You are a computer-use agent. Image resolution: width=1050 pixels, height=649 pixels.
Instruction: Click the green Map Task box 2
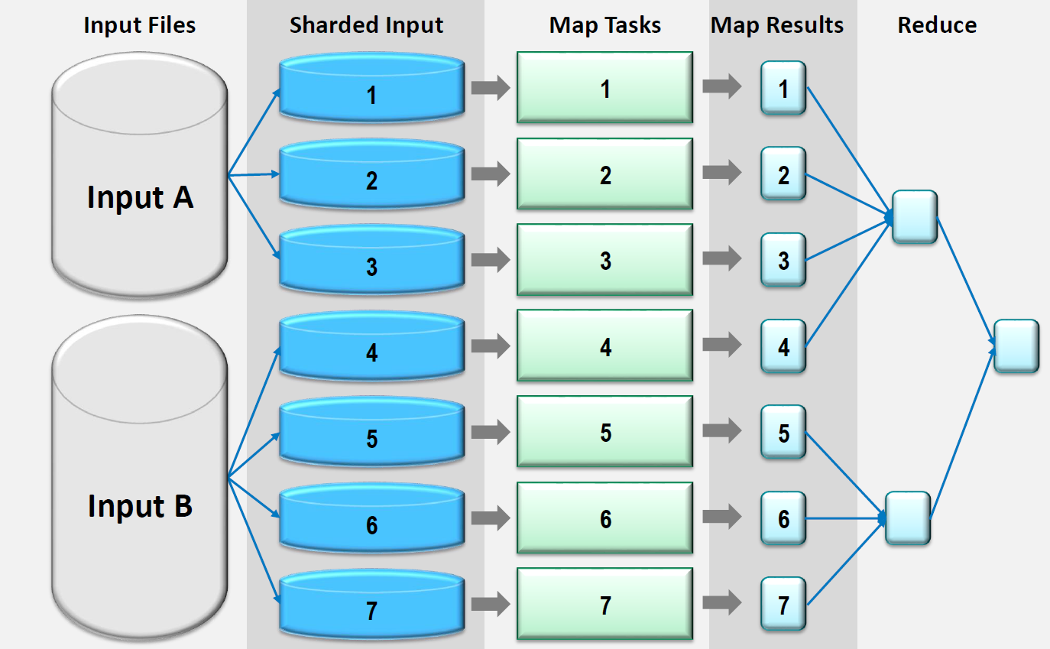click(x=604, y=174)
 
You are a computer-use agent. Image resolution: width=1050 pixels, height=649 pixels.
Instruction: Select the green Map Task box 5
click(x=604, y=432)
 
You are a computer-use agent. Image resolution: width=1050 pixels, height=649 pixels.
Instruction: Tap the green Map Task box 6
click(x=604, y=518)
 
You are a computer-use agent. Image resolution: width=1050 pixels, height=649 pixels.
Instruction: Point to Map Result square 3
click(x=783, y=260)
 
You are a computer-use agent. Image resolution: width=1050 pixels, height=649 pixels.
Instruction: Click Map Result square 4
click(x=783, y=346)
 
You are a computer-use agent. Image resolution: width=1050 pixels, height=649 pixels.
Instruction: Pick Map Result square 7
click(x=783, y=605)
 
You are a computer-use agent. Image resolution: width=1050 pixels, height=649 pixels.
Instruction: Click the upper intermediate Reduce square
click(x=914, y=217)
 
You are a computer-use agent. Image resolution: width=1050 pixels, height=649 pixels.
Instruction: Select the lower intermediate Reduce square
click(x=908, y=518)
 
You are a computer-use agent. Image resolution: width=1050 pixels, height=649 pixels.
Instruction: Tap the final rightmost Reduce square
click(x=1016, y=346)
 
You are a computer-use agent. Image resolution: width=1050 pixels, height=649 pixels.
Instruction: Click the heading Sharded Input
click(x=366, y=25)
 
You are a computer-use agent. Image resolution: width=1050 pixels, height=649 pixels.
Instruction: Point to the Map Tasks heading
click(x=604, y=25)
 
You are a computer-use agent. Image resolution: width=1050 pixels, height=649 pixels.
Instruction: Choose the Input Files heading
click(x=140, y=25)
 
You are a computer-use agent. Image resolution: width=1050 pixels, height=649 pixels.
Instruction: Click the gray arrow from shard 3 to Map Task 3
click(x=490, y=260)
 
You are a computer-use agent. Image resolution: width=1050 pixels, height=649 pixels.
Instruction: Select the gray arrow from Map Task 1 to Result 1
click(x=722, y=87)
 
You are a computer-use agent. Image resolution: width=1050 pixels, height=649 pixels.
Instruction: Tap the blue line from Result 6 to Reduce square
click(x=844, y=518)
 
